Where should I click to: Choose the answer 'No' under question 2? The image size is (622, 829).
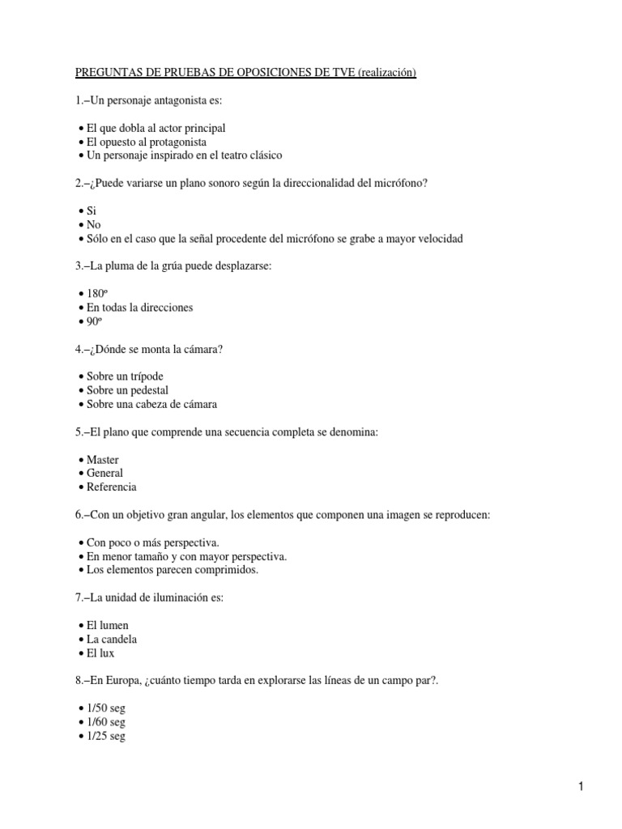pyautogui.click(x=94, y=224)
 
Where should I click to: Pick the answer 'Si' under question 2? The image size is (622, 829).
pyautogui.click(x=91, y=210)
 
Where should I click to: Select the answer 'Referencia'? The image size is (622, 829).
pyautogui.click(x=111, y=487)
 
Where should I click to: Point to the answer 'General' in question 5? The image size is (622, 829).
pyautogui.click(x=104, y=474)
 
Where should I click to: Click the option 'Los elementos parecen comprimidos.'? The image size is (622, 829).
pyautogui.click(x=172, y=570)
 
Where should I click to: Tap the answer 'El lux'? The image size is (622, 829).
pyautogui.click(x=100, y=653)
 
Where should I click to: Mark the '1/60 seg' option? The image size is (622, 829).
pyautogui.click(x=105, y=722)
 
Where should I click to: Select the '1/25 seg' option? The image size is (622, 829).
pyautogui.click(x=105, y=736)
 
